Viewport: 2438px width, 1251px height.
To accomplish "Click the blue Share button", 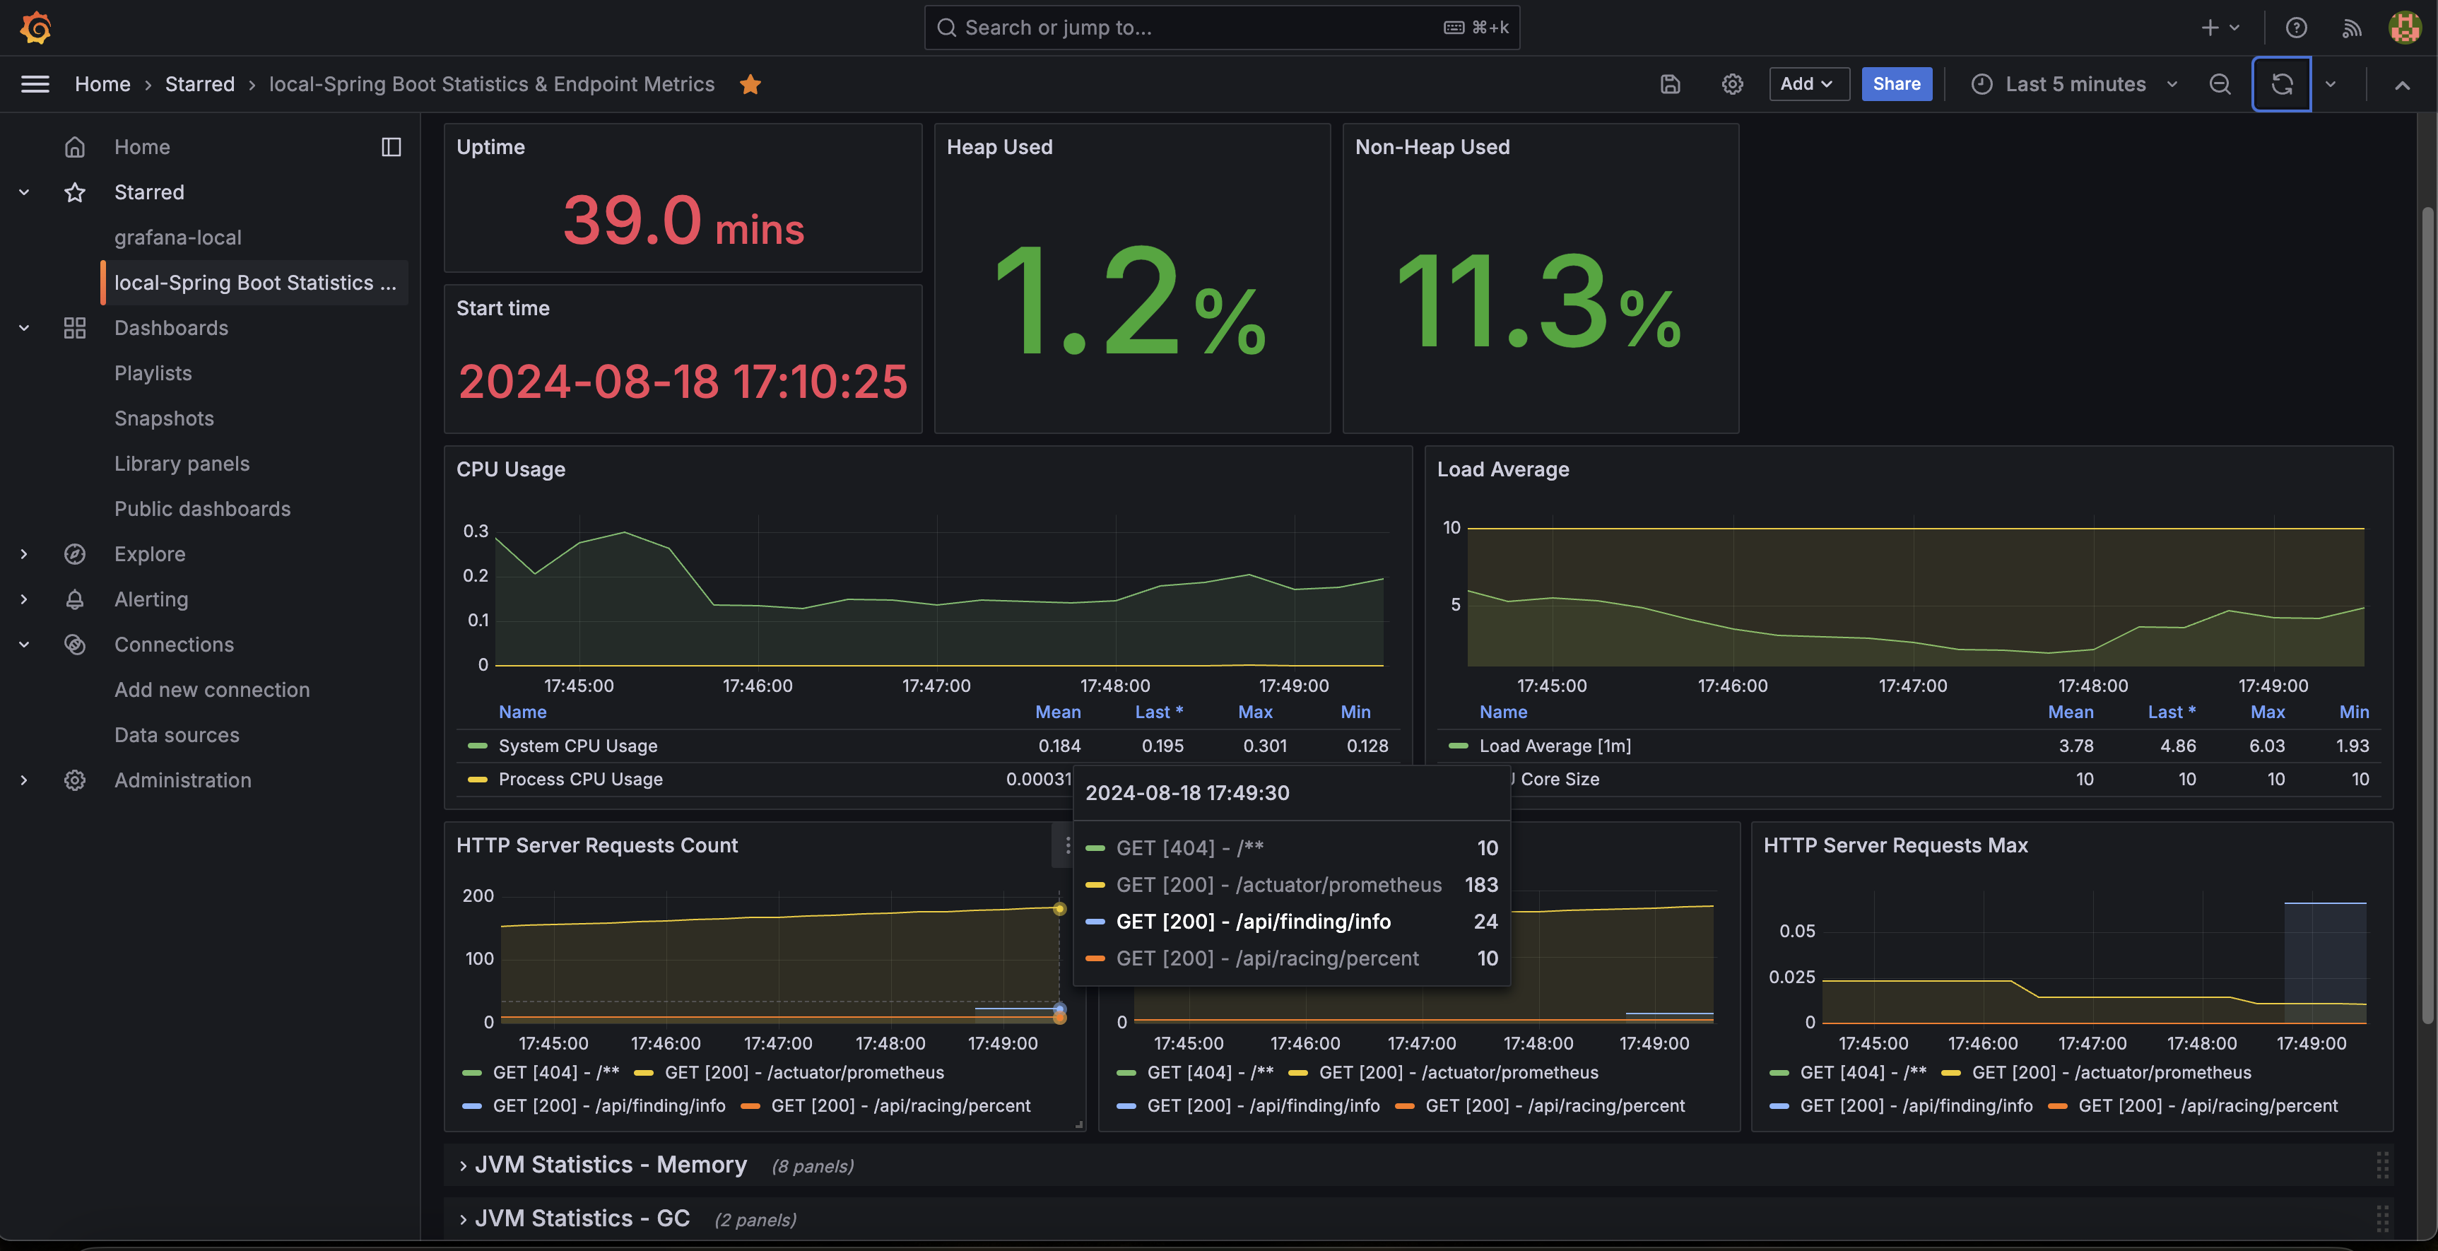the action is pyautogui.click(x=1897, y=84).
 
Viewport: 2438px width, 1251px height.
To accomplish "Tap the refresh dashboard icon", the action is pyautogui.click(x=2281, y=84).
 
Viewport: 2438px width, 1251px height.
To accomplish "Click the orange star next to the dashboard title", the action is pyautogui.click(x=750, y=84).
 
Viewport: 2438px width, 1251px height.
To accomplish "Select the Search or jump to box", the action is pyautogui.click(x=1222, y=28).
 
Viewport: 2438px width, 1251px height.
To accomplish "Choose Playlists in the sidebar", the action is pyautogui.click(x=153, y=373).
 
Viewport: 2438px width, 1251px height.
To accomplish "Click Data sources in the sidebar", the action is pyautogui.click(x=177, y=734).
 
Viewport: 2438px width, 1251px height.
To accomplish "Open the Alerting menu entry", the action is pyautogui.click(x=151, y=599).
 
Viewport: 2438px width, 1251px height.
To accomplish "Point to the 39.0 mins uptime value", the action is pyautogui.click(x=683, y=221).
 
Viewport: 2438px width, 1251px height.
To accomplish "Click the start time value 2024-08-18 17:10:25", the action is pyautogui.click(x=683, y=382).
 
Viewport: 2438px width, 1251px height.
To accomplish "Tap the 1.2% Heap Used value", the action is pyautogui.click(x=1131, y=301).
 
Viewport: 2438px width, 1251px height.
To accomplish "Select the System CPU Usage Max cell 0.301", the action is pyautogui.click(x=1264, y=746).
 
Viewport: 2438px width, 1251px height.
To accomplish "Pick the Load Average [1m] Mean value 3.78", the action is pyautogui.click(x=2075, y=746).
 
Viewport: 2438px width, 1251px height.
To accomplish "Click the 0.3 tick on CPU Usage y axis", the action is pyautogui.click(x=475, y=531).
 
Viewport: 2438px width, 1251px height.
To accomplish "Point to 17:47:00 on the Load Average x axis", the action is pyautogui.click(x=1913, y=685).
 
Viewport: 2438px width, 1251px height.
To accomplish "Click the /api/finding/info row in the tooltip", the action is pyautogui.click(x=1292, y=922).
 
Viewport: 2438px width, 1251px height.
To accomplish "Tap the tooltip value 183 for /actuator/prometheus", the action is pyautogui.click(x=1481, y=885).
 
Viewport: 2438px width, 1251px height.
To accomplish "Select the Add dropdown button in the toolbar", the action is pyautogui.click(x=1808, y=84).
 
